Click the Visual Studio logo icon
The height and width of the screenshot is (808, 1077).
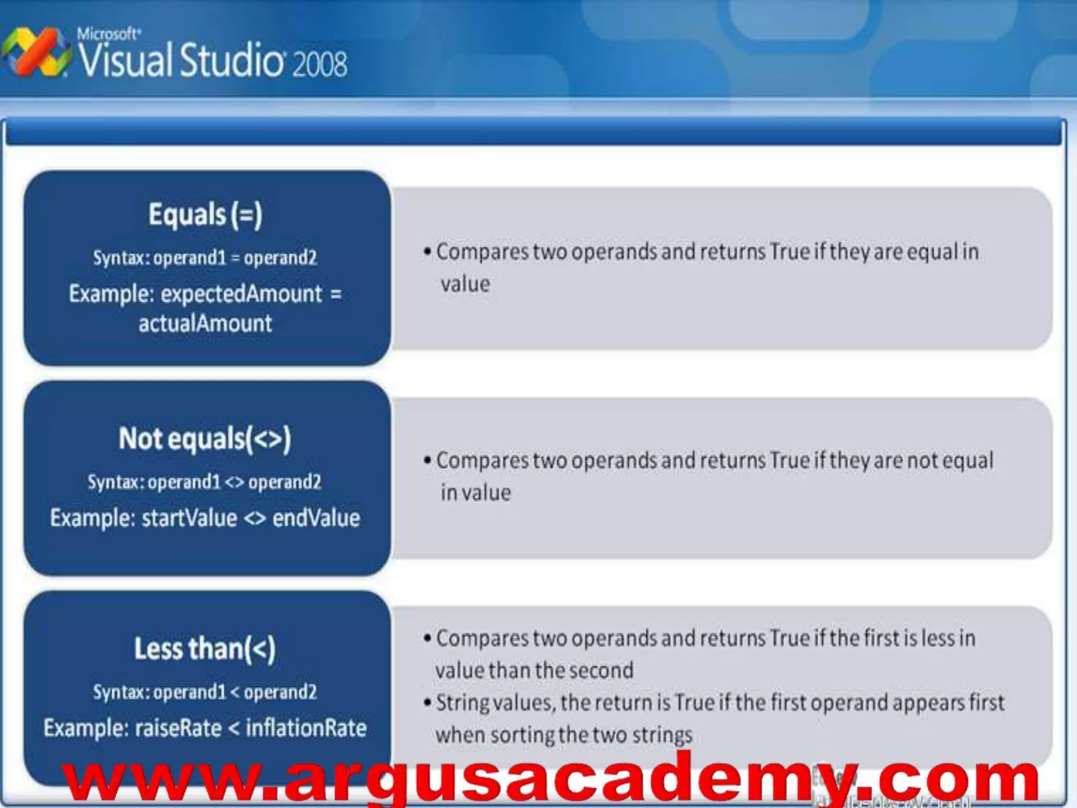(36, 53)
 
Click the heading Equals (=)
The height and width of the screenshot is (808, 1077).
(205, 215)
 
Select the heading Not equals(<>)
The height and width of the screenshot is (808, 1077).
(205, 439)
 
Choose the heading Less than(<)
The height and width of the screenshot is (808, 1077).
(205, 648)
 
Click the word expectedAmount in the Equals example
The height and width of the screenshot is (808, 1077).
(241, 294)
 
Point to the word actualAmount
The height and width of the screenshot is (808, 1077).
(205, 323)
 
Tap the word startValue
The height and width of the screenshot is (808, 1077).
(189, 518)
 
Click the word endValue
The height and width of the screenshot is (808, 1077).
(316, 518)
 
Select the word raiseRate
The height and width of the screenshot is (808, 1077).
(178, 728)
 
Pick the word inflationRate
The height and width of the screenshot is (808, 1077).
(306, 728)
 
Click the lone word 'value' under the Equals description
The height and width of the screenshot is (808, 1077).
(465, 284)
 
